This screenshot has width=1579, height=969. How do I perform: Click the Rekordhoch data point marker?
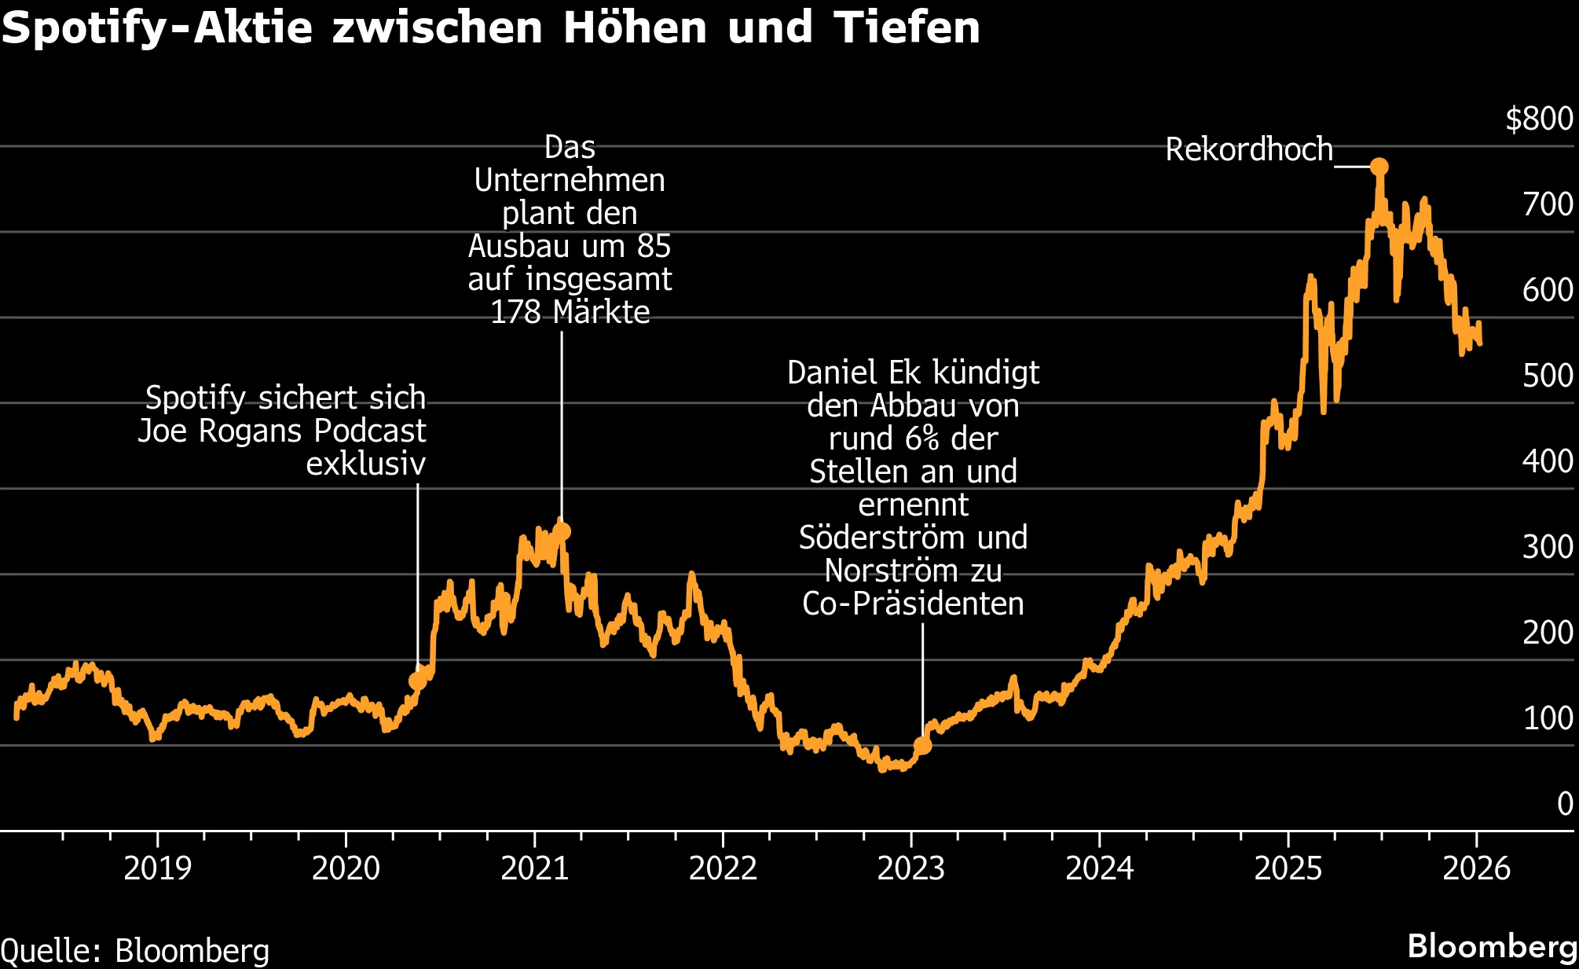[1379, 167]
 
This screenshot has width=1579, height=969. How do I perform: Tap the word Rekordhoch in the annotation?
[1249, 149]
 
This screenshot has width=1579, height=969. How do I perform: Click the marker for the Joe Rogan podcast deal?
[417, 681]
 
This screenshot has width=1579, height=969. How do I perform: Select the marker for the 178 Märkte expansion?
[562, 532]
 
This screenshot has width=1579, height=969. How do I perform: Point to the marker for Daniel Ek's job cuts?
[922, 745]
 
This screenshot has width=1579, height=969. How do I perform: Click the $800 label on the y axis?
[1538, 119]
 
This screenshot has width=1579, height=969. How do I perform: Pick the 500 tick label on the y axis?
[1547, 375]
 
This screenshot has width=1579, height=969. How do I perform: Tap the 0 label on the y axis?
[1565, 803]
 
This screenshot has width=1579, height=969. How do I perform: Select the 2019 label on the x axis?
[157, 868]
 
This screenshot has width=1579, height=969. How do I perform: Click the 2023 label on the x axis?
[910, 868]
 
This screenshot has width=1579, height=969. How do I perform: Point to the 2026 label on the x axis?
[1476, 868]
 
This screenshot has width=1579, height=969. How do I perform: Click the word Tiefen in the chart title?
[907, 28]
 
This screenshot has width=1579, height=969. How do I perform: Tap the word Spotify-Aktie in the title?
[157, 28]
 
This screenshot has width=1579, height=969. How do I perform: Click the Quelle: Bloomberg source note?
[135, 951]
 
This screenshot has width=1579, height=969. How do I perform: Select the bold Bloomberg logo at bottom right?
[1492, 946]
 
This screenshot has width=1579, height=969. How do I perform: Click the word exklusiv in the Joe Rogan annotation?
[365, 464]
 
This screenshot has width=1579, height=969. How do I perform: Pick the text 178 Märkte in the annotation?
[570, 312]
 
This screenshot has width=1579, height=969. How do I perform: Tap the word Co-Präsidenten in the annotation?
[913, 604]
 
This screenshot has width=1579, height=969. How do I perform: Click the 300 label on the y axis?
[1547, 546]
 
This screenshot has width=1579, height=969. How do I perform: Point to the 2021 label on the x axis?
[534, 868]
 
